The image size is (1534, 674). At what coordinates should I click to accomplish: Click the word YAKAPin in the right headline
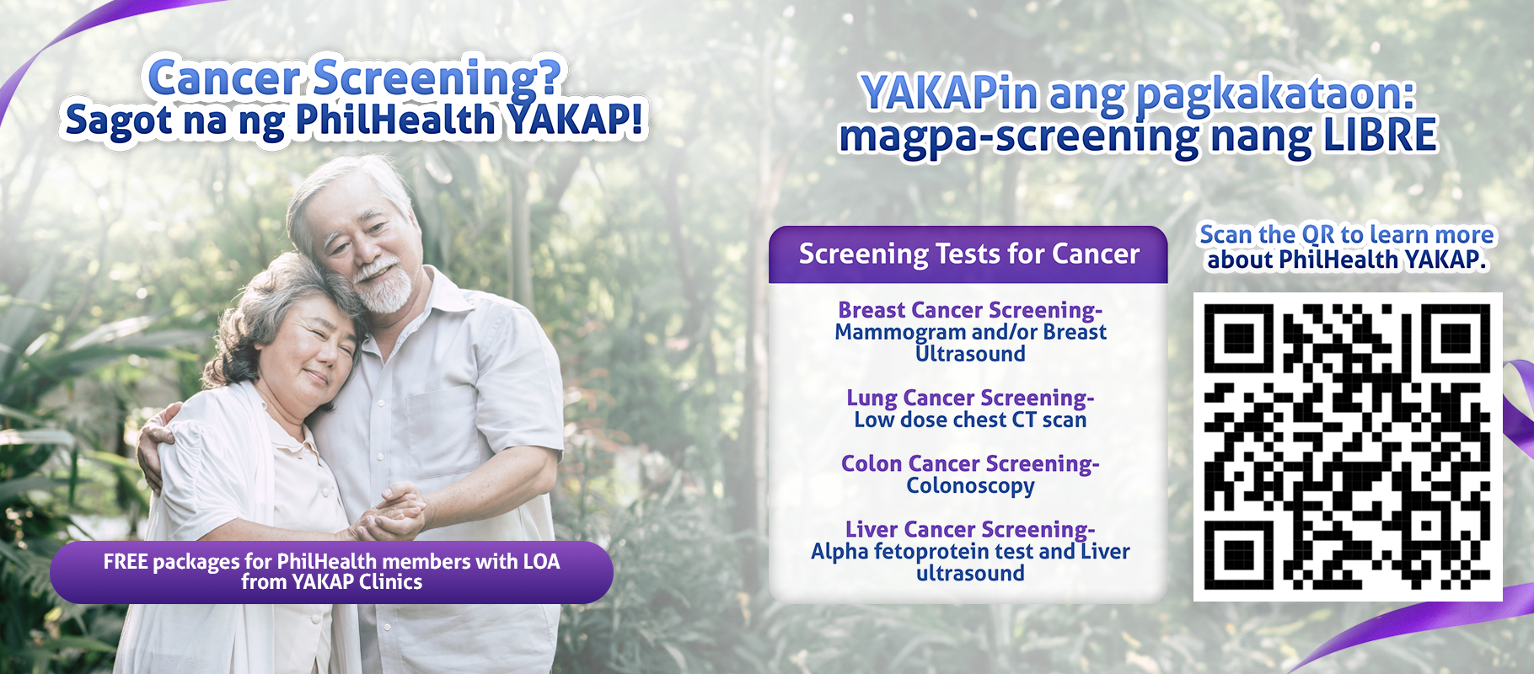[951, 93]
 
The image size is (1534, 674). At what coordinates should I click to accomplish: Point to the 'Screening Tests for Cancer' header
[968, 254]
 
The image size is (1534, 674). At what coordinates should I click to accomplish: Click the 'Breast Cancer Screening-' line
[970, 310]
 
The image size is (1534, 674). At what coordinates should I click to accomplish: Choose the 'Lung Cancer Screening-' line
[970, 398]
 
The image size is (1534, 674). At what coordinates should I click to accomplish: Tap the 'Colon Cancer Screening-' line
[970, 463]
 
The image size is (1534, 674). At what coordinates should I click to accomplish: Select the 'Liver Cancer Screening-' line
[970, 529]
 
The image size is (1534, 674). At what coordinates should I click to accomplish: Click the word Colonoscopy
[970, 486]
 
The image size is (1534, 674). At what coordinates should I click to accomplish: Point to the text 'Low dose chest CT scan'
[970, 420]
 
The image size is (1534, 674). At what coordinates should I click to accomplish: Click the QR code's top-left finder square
[1238, 338]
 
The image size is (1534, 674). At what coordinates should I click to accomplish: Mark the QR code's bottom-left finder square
[1238, 555]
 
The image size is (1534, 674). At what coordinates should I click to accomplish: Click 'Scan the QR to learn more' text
[1347, 234]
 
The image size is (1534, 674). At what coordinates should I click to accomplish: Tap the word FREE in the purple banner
[126, 562]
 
